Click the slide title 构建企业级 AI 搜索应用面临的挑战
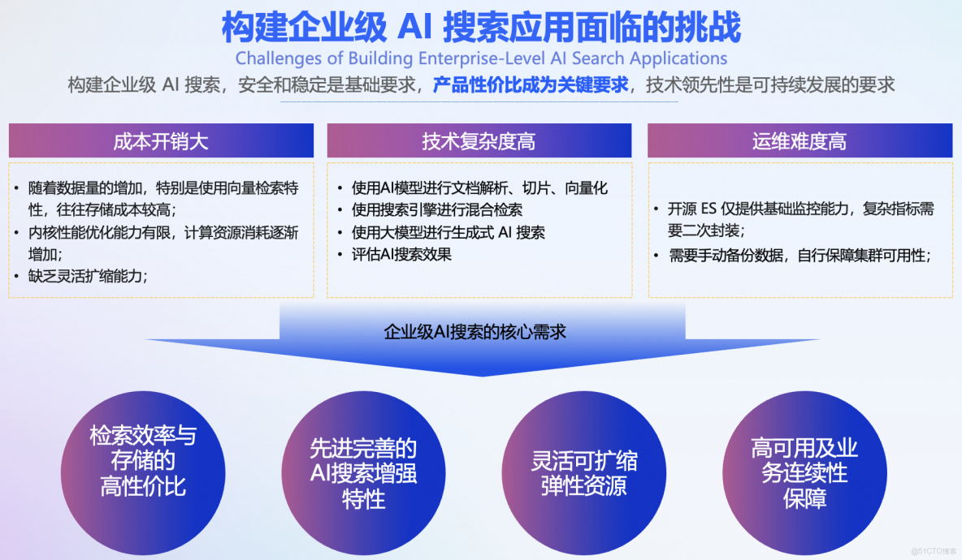click(x=481, y=27)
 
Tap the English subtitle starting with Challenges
click(x=481, y=58)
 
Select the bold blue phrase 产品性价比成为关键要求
click(x=531, y=85)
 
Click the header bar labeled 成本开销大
click(x=161, y=140)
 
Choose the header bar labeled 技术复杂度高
click(x=479, y=140)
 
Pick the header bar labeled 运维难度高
click(x=799, y=140)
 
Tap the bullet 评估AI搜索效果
click(x=401, y=254)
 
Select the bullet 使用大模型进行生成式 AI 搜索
click(x=448, y=232)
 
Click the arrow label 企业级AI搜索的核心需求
click(x=474, y=331)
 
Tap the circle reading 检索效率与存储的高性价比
click(x=142, y=461)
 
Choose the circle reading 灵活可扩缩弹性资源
click(x=584, y=473)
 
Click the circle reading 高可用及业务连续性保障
click(x=804, y=472)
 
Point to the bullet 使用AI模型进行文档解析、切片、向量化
click(x=479, y=188)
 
